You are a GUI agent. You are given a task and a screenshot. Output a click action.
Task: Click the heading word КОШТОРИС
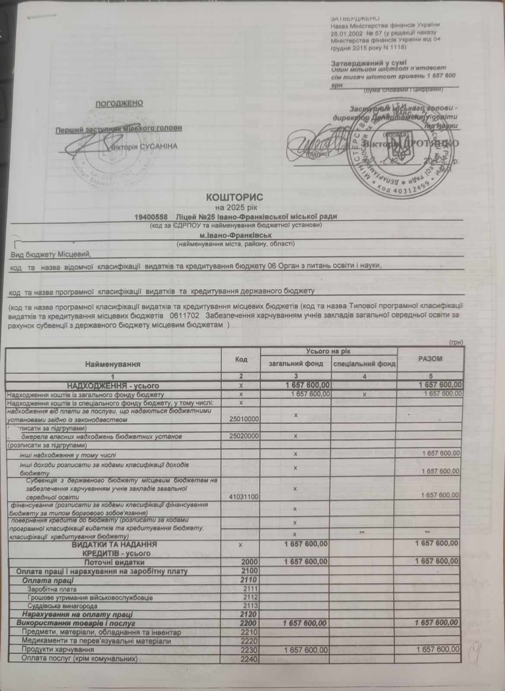235,197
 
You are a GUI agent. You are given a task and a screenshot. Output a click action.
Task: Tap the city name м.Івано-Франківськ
235,235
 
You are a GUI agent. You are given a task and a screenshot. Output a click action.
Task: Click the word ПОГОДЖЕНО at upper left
119,103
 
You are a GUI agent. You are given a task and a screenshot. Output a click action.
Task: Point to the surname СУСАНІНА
160,146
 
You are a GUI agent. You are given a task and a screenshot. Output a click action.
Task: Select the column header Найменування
113,364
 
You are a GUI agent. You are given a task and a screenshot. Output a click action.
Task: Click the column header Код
241,359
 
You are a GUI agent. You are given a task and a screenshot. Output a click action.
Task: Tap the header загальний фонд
296,364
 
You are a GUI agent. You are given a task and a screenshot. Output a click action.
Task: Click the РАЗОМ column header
430,358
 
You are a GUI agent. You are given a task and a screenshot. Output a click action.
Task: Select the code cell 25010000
245,419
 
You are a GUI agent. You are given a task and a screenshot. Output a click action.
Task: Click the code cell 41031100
245,497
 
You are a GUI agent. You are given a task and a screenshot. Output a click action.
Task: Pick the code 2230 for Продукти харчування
250,649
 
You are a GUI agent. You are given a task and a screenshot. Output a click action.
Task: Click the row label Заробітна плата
52,589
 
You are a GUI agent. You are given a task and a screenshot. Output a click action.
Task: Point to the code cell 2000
250,562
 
